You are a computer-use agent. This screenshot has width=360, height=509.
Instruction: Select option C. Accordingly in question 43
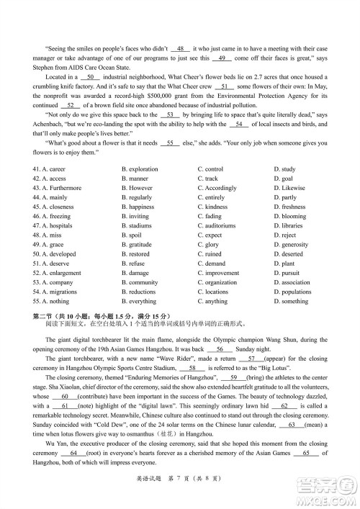click(x=219, y=188)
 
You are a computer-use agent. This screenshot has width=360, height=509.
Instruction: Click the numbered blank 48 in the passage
click(x=183, y=47)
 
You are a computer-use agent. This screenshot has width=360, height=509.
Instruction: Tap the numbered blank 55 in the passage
click(x=170, y=143)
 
